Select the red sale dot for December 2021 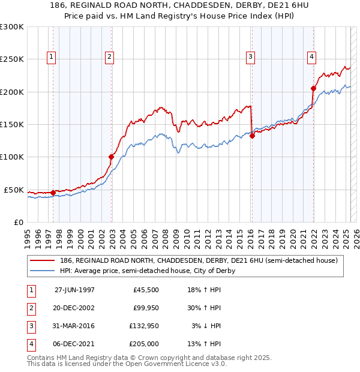313,88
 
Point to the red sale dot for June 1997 53,193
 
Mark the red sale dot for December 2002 111,157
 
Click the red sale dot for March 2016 252,136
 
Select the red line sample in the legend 43,261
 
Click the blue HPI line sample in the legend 43,271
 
